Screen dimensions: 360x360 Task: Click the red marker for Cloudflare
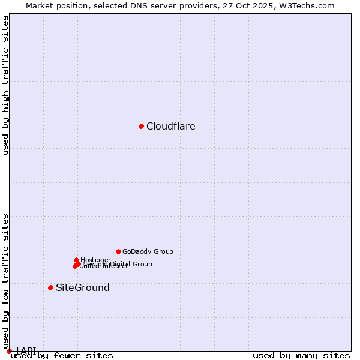click(141, 126)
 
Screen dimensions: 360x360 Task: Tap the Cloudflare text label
click(171, 127)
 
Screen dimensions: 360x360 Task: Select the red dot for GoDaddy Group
click(118, 251)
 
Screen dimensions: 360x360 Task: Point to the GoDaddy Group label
click(148, 252)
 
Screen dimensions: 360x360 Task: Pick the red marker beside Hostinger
click(76, 260)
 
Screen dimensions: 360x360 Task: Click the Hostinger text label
click(96, 260)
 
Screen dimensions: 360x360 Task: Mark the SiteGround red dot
click(50, 287)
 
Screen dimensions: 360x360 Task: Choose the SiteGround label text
click(83, 288)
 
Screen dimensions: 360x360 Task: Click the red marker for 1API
click(9, 351)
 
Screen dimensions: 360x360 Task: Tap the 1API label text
click(26, 350)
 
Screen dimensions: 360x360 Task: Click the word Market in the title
click(40, 6)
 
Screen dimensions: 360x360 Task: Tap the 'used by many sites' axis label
click(301, 356)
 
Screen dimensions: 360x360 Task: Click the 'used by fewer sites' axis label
click(62, 356)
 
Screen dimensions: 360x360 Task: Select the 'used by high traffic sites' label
click(6, 85)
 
